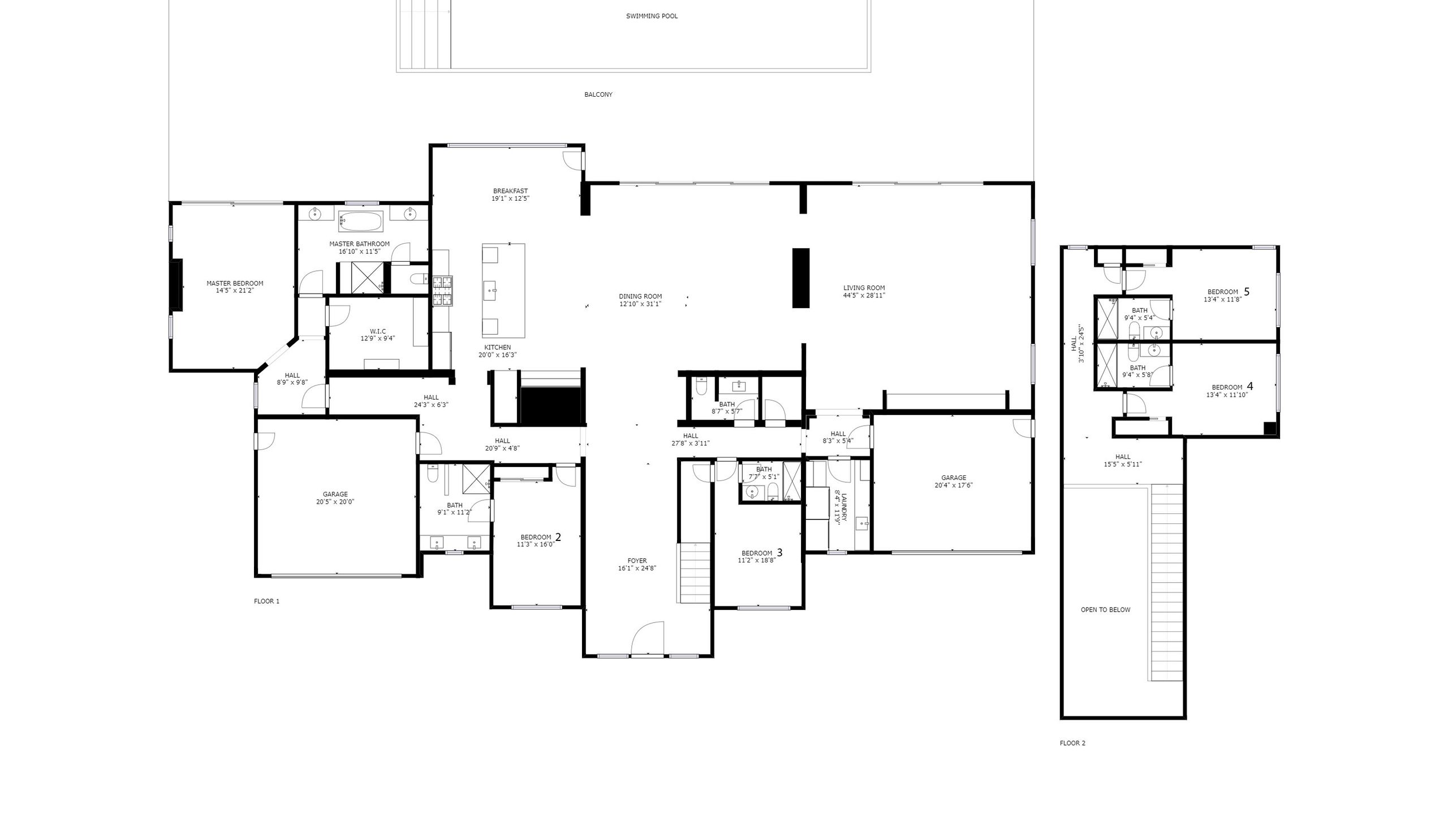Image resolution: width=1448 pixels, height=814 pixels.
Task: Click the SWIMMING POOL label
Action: click(652, 16)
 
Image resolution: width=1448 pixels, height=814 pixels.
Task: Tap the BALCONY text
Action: click(598, 95)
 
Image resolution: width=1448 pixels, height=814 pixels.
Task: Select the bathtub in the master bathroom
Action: click(360, 221)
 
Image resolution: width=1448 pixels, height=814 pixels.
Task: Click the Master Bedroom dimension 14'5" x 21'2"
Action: click(235, 291)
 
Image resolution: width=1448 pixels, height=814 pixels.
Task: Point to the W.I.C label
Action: click(378, 331)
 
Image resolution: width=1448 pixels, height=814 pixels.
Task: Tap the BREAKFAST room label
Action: click(510, 191)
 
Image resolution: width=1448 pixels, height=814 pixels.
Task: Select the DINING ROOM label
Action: click(640, 296)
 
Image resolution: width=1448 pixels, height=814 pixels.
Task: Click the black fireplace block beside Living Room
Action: click(800, 278)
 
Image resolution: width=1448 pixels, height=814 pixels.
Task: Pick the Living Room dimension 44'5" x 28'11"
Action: click(864, 296)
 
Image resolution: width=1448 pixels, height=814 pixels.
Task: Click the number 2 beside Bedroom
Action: click(558, 537)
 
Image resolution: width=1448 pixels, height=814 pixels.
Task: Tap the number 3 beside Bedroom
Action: click(779, 552)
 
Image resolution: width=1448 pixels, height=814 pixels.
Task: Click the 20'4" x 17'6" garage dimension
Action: click(954, 486)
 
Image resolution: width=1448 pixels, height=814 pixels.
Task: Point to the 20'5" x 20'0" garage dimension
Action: click(335, 502)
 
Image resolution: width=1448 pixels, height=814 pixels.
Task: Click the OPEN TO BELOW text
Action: click(1105, 610)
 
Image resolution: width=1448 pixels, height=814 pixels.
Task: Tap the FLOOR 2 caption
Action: click(1072, 743)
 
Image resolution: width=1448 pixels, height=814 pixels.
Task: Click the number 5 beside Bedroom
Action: click(1247, 292)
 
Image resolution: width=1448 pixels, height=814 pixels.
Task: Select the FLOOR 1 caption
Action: click(266, 601)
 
